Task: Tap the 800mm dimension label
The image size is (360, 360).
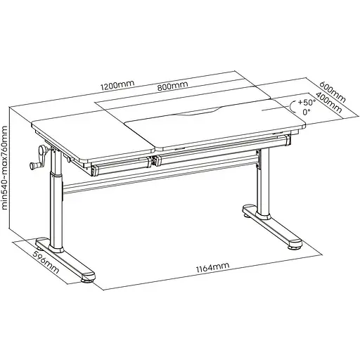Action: coord(172,86)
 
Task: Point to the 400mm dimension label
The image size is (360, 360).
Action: coord(329,103)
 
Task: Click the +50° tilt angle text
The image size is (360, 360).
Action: coord(307,103)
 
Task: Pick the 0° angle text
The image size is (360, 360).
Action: coord(306,112)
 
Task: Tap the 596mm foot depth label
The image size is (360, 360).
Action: coord(46,262)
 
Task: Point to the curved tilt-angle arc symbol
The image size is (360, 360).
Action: coord(292,107)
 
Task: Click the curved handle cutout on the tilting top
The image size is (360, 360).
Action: coord(198,112)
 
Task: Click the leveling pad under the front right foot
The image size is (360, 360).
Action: coord(295,246)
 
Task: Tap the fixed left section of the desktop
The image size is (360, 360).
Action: coord(94,139)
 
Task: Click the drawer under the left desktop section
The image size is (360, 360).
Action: coord(122,167)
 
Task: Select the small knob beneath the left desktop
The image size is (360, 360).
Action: coord(68,160)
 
